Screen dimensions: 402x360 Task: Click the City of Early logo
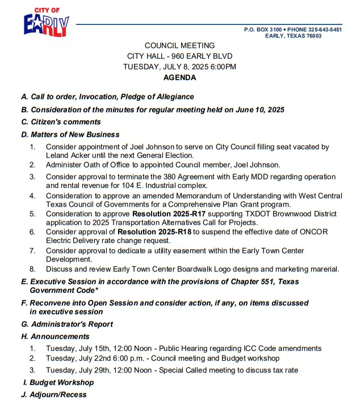pyautogui.click(x=47, y=23)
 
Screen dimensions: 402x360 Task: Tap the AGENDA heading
pyautogui.click(x=179, y=77)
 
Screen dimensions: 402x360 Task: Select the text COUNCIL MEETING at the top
pyautogui.click(x=179, y=45)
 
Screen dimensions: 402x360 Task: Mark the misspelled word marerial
pyautogui.click(x=324, y=269)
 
